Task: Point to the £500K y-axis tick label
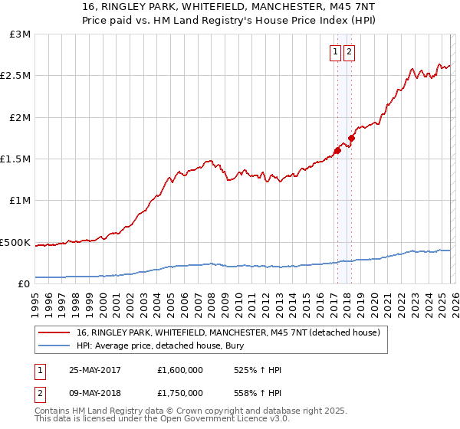15,242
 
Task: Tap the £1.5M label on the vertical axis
16,159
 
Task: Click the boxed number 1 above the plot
336,52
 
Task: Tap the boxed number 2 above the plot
349,52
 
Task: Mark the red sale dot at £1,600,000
337,151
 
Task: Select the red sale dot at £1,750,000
350,138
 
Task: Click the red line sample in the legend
54,332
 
